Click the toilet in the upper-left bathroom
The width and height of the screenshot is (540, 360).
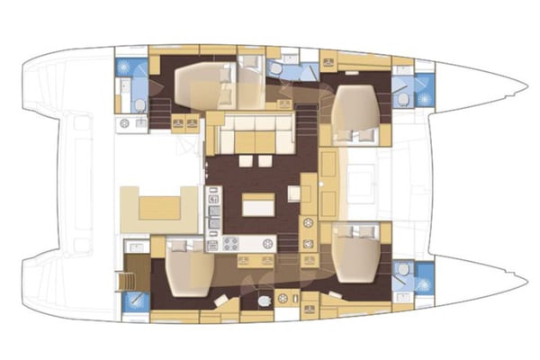(x=139, y=106)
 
